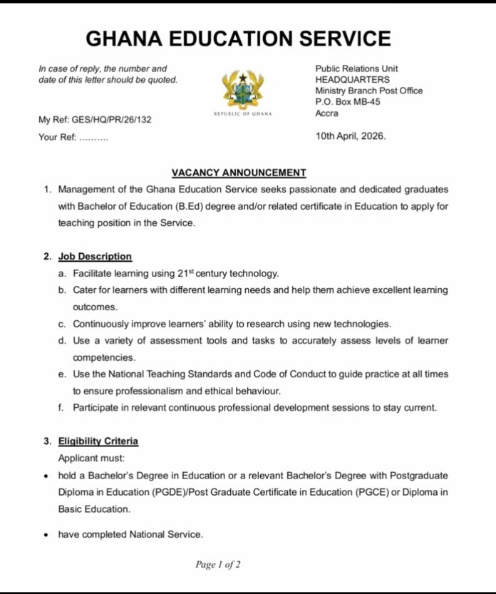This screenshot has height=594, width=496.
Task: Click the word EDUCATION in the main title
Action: coord(239,39)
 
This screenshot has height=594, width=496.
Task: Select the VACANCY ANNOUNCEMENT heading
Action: coord(239,173)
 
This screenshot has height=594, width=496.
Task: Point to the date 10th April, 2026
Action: coord(351,136)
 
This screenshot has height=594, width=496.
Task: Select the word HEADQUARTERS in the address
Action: coord(353,80)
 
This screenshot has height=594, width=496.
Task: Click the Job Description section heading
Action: coord(95,256)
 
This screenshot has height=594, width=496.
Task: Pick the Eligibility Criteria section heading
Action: coord(98,441)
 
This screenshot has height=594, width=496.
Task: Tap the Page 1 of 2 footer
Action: coord(218,565)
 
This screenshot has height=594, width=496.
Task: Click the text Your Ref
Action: coord(57,137)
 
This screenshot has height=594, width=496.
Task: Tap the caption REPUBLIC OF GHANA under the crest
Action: coord(243,114)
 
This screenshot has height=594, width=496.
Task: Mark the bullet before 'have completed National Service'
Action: coord(46,535)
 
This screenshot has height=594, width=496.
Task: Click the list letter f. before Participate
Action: coord(62,408)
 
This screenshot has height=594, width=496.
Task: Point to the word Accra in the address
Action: coord(327,113)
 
